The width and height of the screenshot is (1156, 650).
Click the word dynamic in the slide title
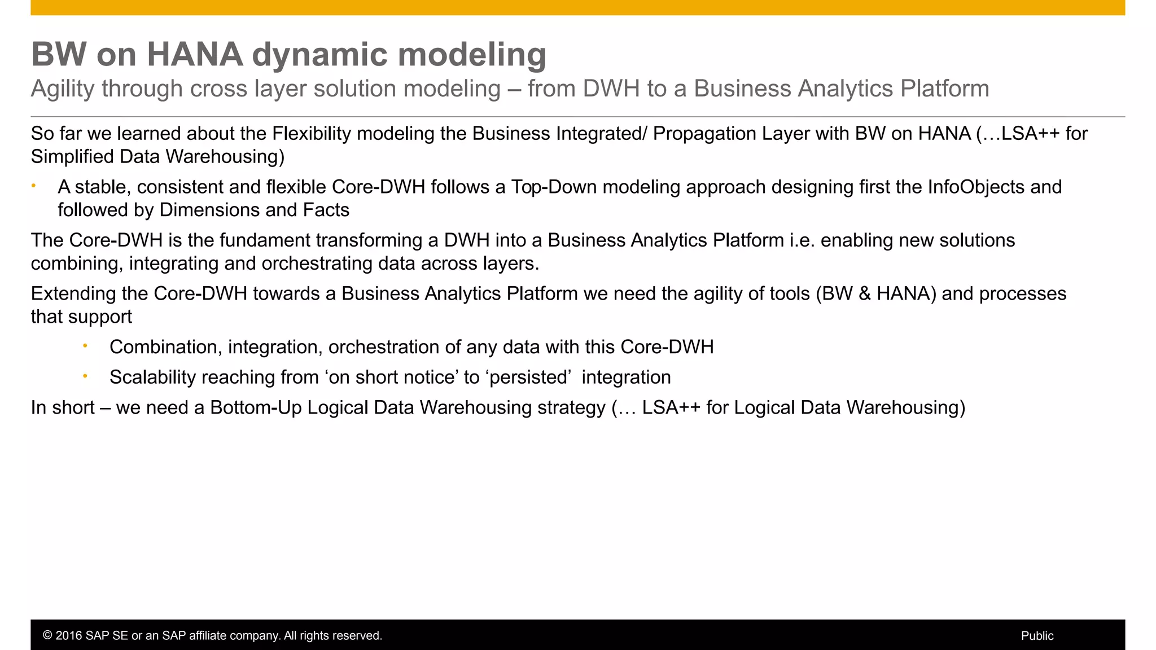319,55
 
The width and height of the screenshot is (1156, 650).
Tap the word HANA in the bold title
195,55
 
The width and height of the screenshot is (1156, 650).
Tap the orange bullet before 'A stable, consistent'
34,186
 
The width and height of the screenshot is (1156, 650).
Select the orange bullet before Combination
85,346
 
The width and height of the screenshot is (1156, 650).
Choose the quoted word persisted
528,377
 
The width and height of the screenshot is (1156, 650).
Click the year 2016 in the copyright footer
68,636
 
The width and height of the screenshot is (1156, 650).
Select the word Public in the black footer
1037,636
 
